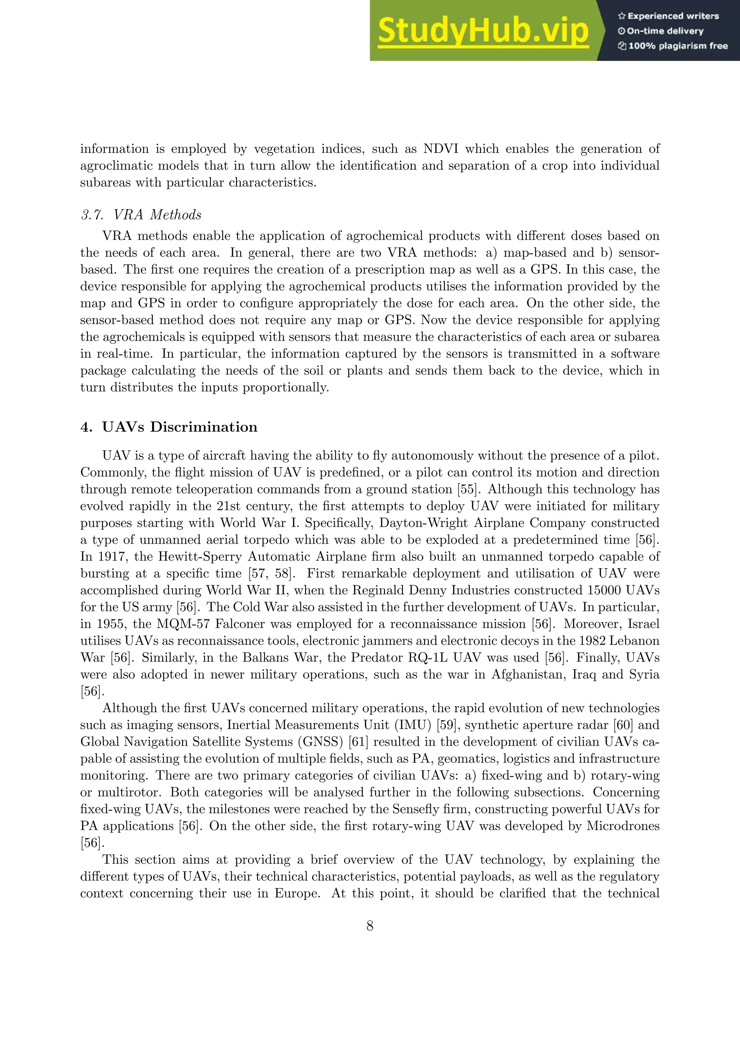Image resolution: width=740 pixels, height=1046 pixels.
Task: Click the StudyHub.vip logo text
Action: pyautogui.click(x=483, y=31)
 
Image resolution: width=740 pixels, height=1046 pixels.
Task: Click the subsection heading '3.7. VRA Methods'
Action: pyautogui.click(x=141, y=215)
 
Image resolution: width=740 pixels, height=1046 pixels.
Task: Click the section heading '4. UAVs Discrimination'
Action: pyautogui.click(x=169, y=427)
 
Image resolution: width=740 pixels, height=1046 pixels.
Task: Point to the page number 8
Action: pyautogui.click(x=370, y=926)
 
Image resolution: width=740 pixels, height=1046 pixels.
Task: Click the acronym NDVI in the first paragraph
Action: pyautogui.click(x=440, y=149)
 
